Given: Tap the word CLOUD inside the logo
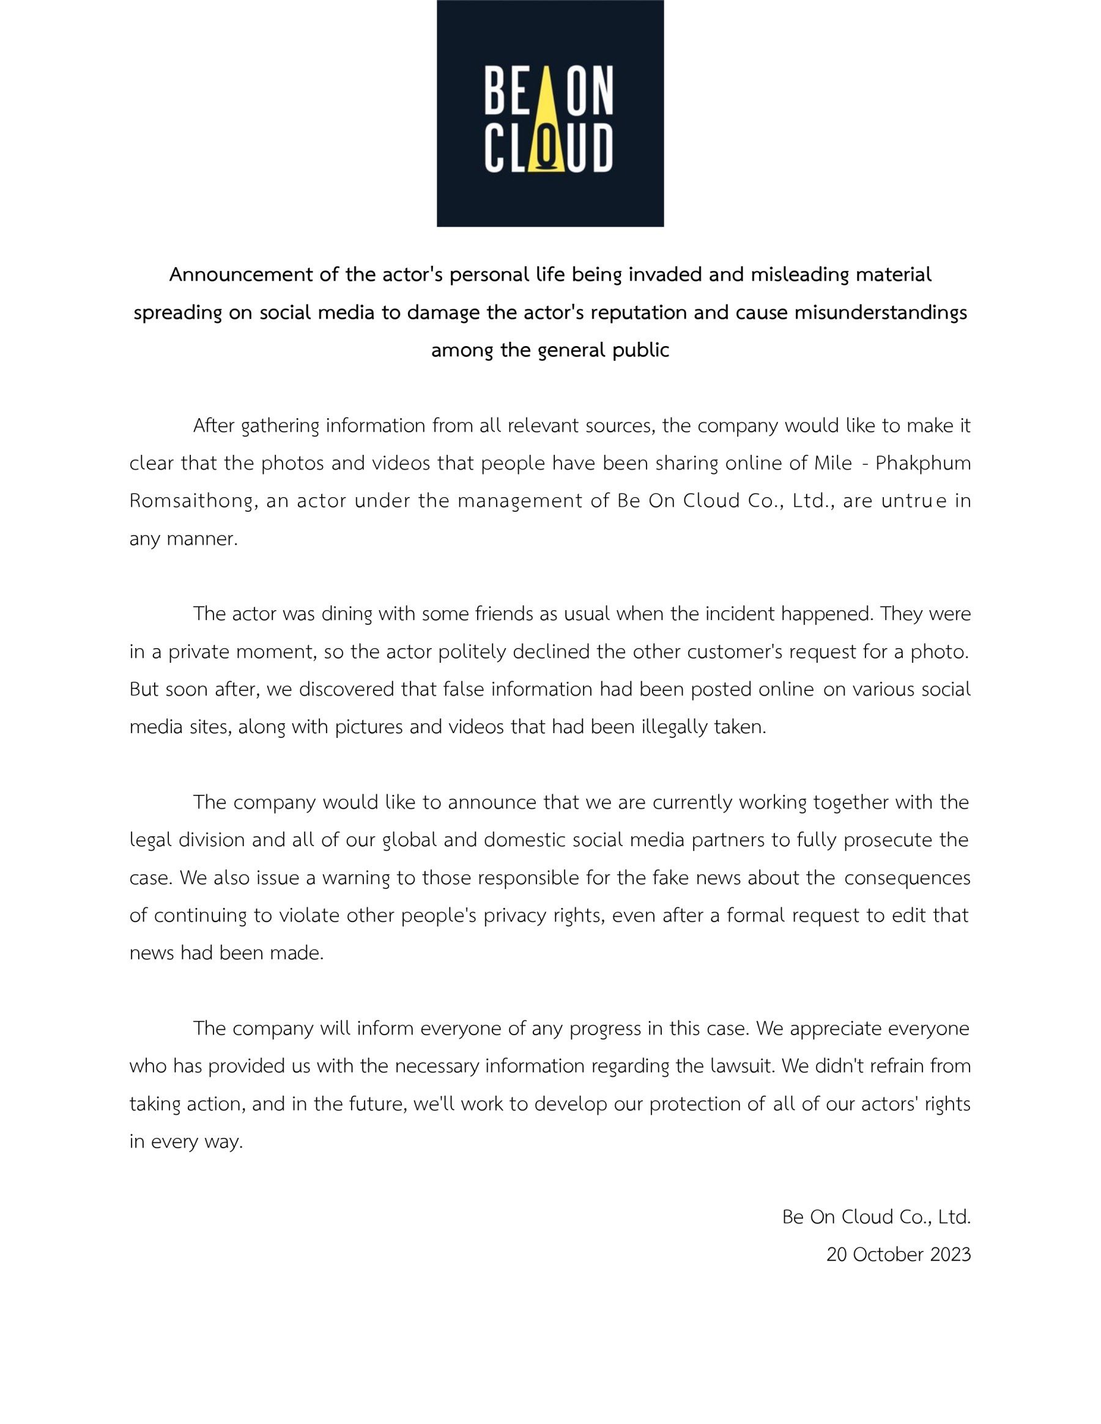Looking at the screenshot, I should pyautogui.click(x=549, y=149).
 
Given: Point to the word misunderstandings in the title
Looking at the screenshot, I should pyautogui.click(x=881, y=312).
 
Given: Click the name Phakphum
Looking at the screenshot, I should pyautogui.click(x=923, y=463).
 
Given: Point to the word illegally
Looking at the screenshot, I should pyautogui.click(x=675, y=727).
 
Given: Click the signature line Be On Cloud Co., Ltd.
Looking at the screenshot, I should pyautogui.click(x=876, y=1217).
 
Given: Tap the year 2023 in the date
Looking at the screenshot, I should pyautogui.click(x=951, y=1255).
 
